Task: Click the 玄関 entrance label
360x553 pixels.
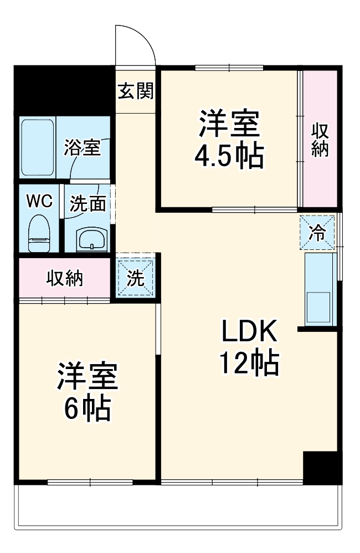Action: point(135,90)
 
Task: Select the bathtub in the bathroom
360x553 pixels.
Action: point(37,147)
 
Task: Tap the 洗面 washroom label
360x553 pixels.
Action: point(88,204)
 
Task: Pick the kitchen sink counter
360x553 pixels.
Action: point(320,289)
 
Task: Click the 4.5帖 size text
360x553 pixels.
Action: point(228,157)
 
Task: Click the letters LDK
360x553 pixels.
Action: point(249,332)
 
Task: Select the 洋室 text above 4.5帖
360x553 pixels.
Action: point(229,125)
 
